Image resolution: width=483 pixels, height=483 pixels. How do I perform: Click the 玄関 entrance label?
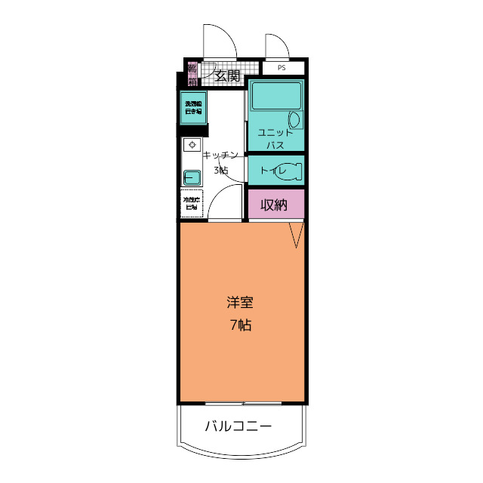tap(227, 75)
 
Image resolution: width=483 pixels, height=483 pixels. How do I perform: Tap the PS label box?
tap(282, 68)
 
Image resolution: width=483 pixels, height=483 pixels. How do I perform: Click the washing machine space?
tap(193, 106)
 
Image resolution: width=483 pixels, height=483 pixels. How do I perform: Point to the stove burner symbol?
tap(192, 144)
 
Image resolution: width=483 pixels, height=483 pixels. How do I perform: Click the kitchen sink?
tap(192, 177)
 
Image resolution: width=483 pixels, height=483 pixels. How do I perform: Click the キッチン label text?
tap(220, 155)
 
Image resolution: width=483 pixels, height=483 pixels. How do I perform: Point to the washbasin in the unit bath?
tap(295, 119)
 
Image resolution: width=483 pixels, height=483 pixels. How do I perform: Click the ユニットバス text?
tap(275, 138)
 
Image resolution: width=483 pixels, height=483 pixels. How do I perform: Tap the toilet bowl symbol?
tap(290, 171)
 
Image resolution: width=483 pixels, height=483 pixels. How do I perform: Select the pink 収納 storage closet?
tap(275, 204)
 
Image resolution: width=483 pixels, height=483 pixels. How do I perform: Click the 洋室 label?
tap(240, 303)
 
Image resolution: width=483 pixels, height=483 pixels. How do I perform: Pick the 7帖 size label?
tap(240, 325)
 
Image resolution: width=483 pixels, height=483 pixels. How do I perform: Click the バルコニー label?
tap(238, 427)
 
